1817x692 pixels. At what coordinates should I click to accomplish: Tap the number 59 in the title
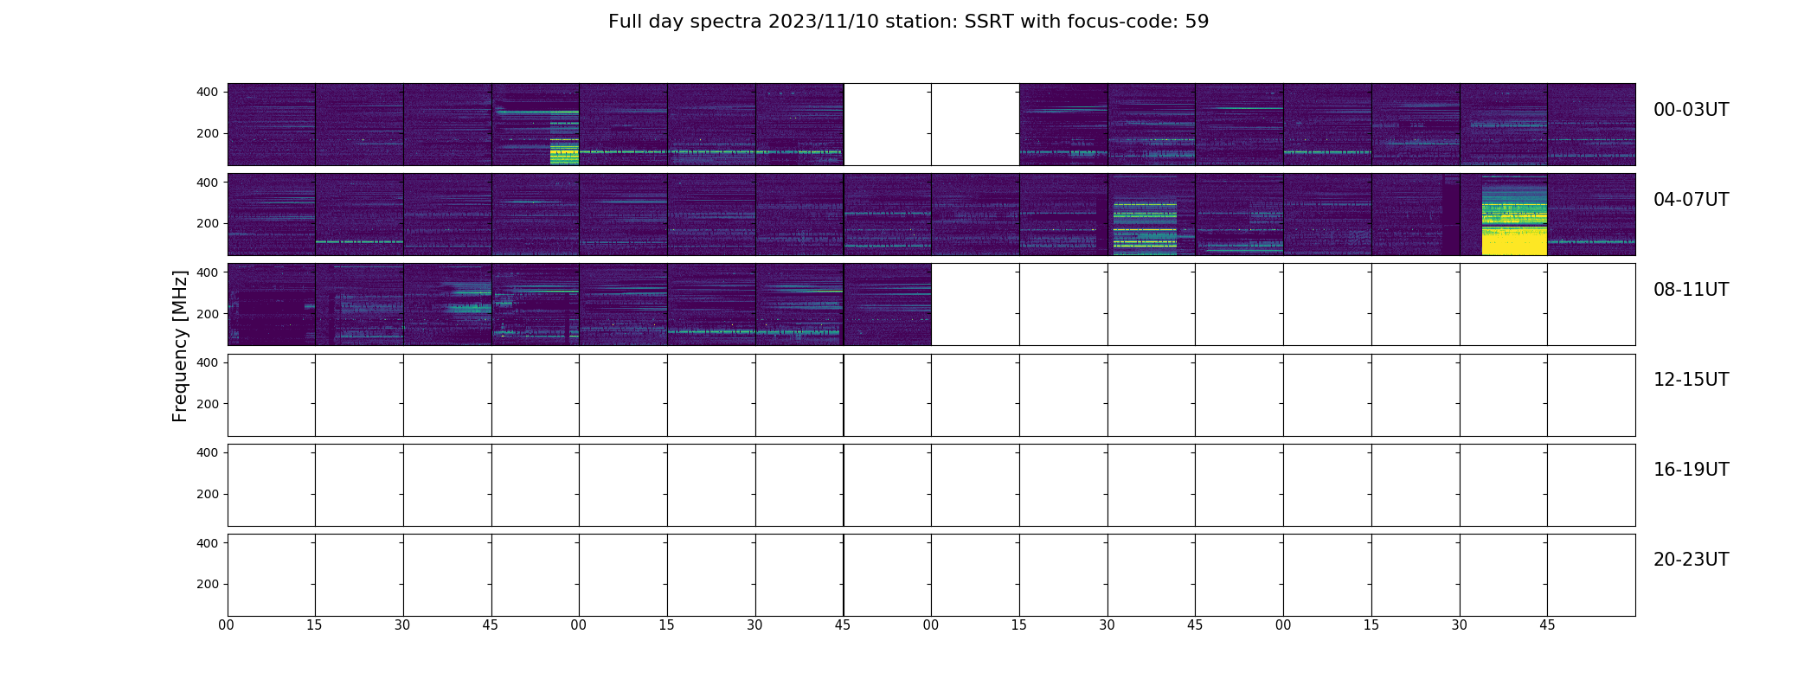1197,22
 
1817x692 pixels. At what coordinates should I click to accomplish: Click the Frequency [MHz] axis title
180,346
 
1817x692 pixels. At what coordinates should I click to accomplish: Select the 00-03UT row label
1691,110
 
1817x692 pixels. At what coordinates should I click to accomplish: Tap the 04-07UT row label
1691,200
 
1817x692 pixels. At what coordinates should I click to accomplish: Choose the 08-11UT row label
1691,290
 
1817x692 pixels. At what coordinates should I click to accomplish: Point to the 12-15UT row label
1691,380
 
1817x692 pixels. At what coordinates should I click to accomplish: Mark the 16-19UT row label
1691,470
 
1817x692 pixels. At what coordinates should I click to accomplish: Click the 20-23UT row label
1691,560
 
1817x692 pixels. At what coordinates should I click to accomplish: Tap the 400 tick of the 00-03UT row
209,92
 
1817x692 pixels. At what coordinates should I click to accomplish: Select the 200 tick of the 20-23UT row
209,585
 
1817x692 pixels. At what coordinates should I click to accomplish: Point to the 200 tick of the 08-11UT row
209,314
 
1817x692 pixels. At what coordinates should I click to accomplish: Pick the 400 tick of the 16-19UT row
209,452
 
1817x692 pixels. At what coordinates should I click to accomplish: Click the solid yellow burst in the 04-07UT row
1514,217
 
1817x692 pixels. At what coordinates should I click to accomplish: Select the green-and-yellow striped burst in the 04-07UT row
1145,227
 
